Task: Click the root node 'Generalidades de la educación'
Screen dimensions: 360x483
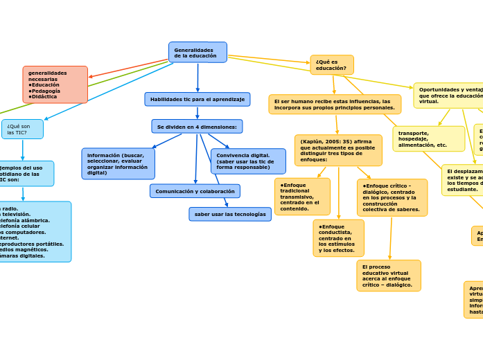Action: point(197,53)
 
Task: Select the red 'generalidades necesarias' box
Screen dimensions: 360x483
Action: point(55,84)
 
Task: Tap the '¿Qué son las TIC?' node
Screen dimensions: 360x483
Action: point(22,129)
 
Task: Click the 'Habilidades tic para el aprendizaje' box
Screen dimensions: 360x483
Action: point(197,100)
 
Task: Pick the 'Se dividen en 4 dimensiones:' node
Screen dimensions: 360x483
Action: point(197,127)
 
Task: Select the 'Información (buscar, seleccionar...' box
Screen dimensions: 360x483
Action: point(118,164)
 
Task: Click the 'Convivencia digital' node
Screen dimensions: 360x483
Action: point(248,161)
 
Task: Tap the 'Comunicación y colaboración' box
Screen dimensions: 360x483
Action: point(195,191)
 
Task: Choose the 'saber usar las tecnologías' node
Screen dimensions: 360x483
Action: point(230,215)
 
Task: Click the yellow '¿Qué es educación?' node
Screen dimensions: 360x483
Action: point(332,65)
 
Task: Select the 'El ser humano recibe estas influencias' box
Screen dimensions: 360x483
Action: point(335,105)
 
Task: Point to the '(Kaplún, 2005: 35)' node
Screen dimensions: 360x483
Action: point(338,150)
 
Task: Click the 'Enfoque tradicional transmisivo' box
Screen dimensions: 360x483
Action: point(302,197)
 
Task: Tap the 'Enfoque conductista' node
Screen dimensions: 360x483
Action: point(338,238)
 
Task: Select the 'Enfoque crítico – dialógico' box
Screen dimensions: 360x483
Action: point(392,198)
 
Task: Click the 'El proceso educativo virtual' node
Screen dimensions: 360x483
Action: point(389,276)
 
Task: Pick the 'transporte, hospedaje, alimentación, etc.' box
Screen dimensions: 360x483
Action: point(428,139)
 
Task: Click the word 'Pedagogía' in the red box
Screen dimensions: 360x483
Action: point(46,91)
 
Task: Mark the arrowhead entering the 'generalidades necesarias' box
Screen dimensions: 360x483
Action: point(91,77)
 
